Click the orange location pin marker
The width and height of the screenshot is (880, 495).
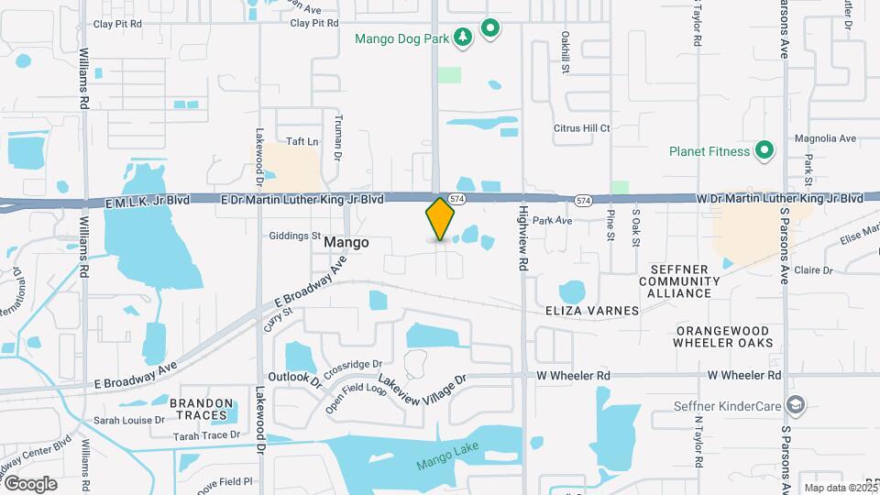pyautogui.click(x=440, y=219)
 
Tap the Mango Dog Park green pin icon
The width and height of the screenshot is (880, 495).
pyautogui.click(x=490, y=28)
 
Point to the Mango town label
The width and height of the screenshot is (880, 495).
pyautogui.click(x=346, y=243)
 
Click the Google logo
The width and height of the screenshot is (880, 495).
pyautogui.click(x=29, y=483)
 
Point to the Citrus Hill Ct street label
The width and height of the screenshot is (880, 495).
pyautogui.click(x=581, y=128)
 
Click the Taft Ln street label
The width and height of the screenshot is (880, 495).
pyautogui.click(x=302, y=141)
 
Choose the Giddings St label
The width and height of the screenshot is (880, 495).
pyautogui.click(x=294, y=236)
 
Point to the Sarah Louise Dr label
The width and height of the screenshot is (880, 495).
pyautogui.click(x=127, y=420)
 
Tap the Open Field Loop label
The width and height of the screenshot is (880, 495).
pyautogui.click(x=357, y=398)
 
